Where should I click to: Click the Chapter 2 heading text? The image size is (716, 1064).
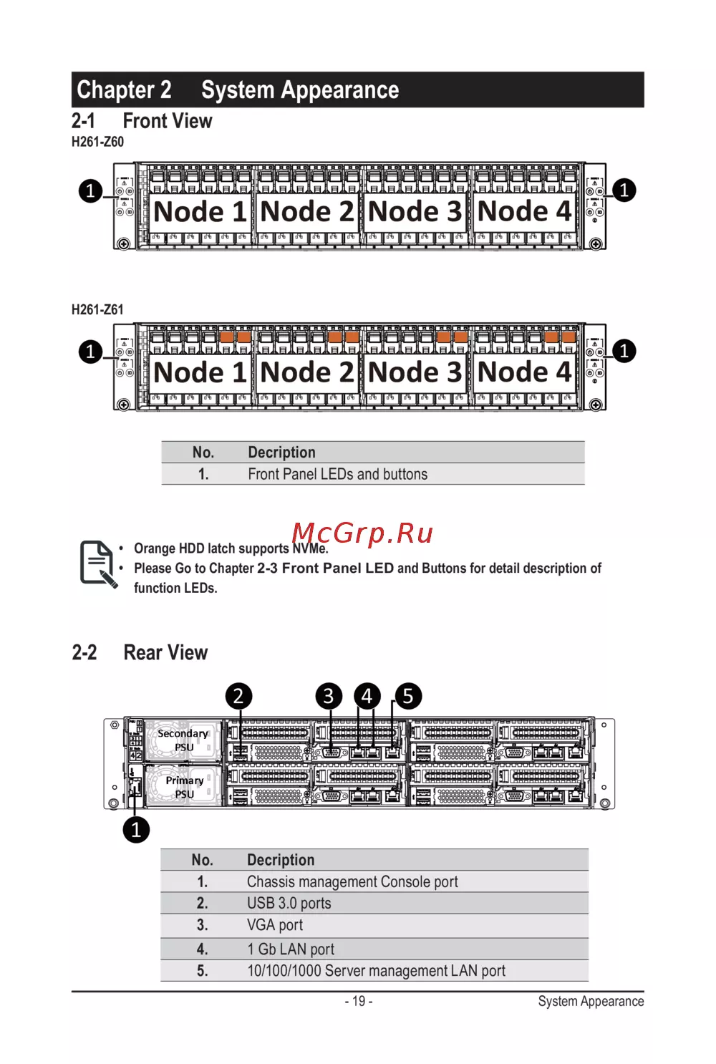[x=124, y=90]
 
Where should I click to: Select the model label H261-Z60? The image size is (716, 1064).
[x=97, y=142]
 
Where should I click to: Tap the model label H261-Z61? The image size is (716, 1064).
[x=97, y=310]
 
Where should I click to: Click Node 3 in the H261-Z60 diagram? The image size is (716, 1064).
[x=415, y=212]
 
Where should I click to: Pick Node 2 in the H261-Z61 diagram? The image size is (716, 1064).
[x=306, y=372]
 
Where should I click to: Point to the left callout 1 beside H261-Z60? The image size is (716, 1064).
[x=90, y=191]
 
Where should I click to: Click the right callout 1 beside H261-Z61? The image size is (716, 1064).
[x=624, y=351]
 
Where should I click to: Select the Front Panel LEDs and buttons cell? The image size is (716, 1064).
[x=337, y=474]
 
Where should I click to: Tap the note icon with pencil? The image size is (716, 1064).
[x=98, y=564]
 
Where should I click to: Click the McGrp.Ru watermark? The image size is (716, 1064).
[x=362, y=533]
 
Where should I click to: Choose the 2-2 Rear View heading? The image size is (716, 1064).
[x=140, y=652]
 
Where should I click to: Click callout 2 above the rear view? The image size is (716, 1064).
[x=238, y=696]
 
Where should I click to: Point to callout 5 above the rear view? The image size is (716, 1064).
[x=408, y=696]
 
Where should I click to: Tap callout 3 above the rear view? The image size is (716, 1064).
[x=329, y=696]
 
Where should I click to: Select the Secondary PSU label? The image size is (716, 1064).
[x=183, y=740]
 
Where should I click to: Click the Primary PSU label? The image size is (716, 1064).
[x=184, y=787]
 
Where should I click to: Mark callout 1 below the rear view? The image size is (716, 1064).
[x=136, y=830]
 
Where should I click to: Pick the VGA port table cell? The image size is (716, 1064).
[x=275, y=925]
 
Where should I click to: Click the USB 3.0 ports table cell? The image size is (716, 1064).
[x=289, y=904]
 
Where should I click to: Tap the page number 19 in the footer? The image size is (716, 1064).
[x=359, y=1001]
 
